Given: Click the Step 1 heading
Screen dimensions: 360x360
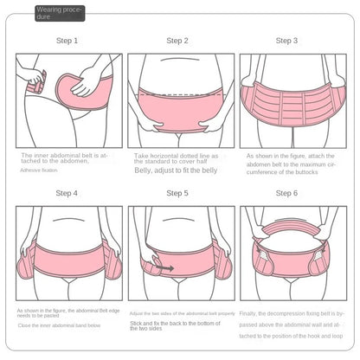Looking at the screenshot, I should tap(67, 41).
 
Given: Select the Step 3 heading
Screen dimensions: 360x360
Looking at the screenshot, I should tap(286, 41).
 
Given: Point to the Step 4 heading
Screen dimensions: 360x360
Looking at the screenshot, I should tap(67, 193).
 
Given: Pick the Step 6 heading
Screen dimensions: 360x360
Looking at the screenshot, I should tap(286, 193).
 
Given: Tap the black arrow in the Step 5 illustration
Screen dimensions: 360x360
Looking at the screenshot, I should tap(164, 269).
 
